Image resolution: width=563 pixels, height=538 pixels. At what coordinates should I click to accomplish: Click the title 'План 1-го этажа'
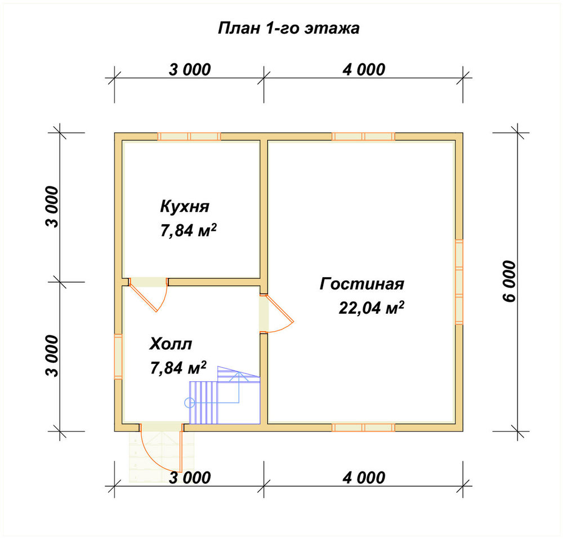click(x=289, y=28)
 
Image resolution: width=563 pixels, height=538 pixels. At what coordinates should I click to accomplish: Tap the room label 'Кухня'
click(x=185, y=207)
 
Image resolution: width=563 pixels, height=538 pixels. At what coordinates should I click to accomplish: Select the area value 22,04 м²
click(x=371, y=308)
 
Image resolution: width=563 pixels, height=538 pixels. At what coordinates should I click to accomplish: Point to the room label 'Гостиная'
click(x=362, y=284)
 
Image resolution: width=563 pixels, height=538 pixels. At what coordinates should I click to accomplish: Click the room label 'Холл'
click(x=171, y=344)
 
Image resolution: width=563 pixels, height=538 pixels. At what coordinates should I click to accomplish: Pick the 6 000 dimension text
click(x=510, y=282)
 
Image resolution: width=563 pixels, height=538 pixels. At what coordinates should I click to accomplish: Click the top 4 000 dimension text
click(x=364, y=70)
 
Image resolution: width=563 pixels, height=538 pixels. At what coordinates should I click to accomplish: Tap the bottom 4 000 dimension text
click(x=364, y=478)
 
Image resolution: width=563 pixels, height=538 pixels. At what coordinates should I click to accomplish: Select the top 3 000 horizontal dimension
click(x=190, y=70)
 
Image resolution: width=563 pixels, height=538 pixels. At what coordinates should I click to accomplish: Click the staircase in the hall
click(x=225, y=395)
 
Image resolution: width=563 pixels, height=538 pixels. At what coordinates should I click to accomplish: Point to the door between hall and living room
click(x=276, y=314)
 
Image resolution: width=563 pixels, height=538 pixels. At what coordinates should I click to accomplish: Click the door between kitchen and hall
click(x=148, y=295)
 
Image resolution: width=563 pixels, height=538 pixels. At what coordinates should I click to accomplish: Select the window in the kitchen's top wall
click(x=189, y=136)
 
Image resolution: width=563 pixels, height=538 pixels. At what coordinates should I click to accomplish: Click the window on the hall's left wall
click(x=118, y=357)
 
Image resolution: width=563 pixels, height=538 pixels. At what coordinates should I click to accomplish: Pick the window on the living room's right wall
click(x=459, y=282)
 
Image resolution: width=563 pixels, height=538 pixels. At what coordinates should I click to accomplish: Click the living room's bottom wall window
click(x=363, y=428)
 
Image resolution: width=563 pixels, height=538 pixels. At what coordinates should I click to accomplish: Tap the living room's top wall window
click(x=363, y=136)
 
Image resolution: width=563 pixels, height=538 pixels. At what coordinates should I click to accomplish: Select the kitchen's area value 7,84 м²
click(x=188, y=230)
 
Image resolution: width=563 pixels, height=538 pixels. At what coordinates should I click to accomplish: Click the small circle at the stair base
click(x=189, y=403)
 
